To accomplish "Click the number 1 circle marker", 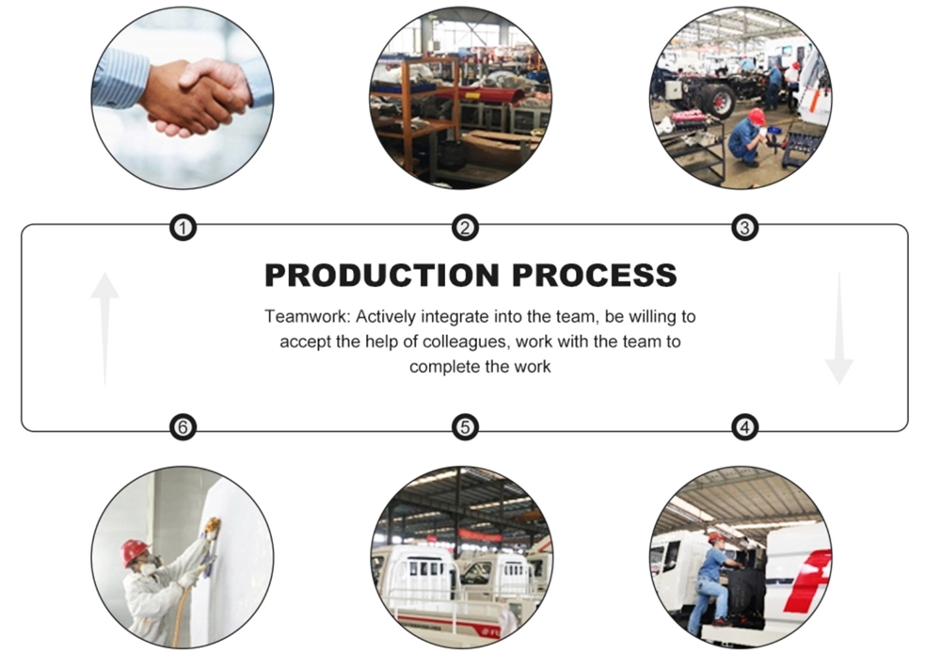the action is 183,228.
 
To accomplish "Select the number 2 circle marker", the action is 465,228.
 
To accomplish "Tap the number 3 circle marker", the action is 744,228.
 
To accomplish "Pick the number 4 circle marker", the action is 744,427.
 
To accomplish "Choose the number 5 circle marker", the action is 465,427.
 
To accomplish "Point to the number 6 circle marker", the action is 183,427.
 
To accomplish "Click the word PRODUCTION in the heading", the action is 382,276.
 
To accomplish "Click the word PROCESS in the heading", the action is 595,276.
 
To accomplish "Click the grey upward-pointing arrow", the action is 104,328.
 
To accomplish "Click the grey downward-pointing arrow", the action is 839,328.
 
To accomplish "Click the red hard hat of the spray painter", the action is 135,551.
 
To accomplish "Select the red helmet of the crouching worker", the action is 757,116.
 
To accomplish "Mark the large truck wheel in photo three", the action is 718,99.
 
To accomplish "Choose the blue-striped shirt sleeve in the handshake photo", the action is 120,79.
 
